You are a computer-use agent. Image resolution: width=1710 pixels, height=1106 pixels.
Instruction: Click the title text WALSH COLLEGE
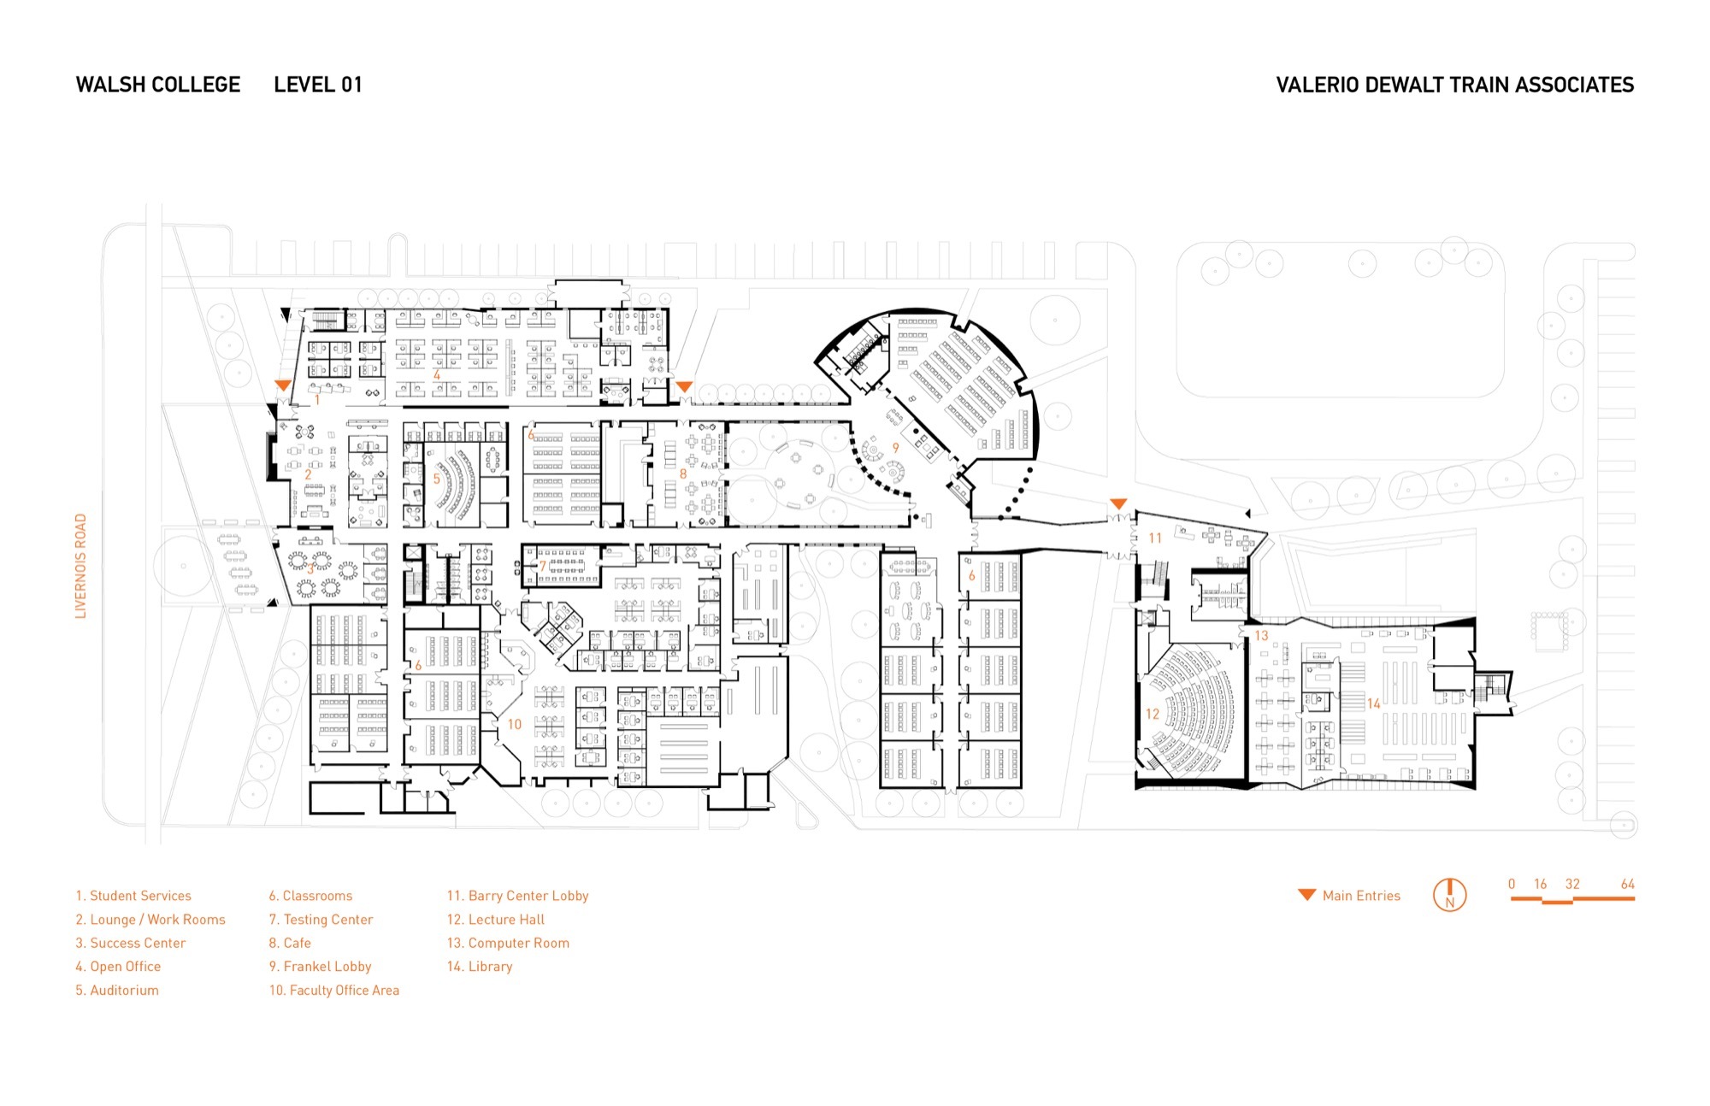[158, 85]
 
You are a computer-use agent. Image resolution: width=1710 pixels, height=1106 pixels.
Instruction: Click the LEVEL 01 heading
[318, 85]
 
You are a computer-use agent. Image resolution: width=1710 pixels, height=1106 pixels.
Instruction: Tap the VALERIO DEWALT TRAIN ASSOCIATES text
[1454, 85]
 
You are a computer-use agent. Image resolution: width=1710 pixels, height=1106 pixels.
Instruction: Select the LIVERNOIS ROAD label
[81, 566]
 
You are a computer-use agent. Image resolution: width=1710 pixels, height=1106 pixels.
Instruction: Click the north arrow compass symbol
[1449, 895]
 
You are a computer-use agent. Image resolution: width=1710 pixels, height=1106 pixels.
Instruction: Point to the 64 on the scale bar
[1627, 884]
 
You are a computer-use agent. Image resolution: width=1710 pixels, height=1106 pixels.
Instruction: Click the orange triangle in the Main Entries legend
[1306, 895]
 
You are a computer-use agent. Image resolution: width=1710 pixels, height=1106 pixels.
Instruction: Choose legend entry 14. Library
[480, 967]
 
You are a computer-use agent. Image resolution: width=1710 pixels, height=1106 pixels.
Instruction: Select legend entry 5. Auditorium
[117, 990]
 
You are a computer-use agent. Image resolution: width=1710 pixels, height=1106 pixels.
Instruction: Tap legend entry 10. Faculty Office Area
[334, 990]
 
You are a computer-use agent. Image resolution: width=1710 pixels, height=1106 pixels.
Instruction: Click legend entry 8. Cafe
[290, 943]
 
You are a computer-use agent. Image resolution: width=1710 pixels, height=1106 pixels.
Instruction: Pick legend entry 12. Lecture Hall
[495, 920]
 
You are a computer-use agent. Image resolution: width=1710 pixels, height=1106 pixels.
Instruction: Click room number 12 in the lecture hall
[1153, 714]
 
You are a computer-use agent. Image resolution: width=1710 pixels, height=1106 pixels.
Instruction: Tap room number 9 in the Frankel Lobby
[895, 447]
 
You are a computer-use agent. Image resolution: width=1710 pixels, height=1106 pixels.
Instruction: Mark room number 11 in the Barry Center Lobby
[1155, 538]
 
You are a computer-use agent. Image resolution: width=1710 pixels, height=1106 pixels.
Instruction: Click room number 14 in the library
[1373, 703]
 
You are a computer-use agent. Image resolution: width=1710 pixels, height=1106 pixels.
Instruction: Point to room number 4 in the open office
[437, 375]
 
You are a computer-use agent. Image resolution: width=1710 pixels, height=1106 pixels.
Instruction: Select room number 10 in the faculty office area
[514, 724]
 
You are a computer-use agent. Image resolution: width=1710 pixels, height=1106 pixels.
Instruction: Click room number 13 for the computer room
[1261, 635]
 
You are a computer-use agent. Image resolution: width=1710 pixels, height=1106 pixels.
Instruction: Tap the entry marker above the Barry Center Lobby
[1118, 503]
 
